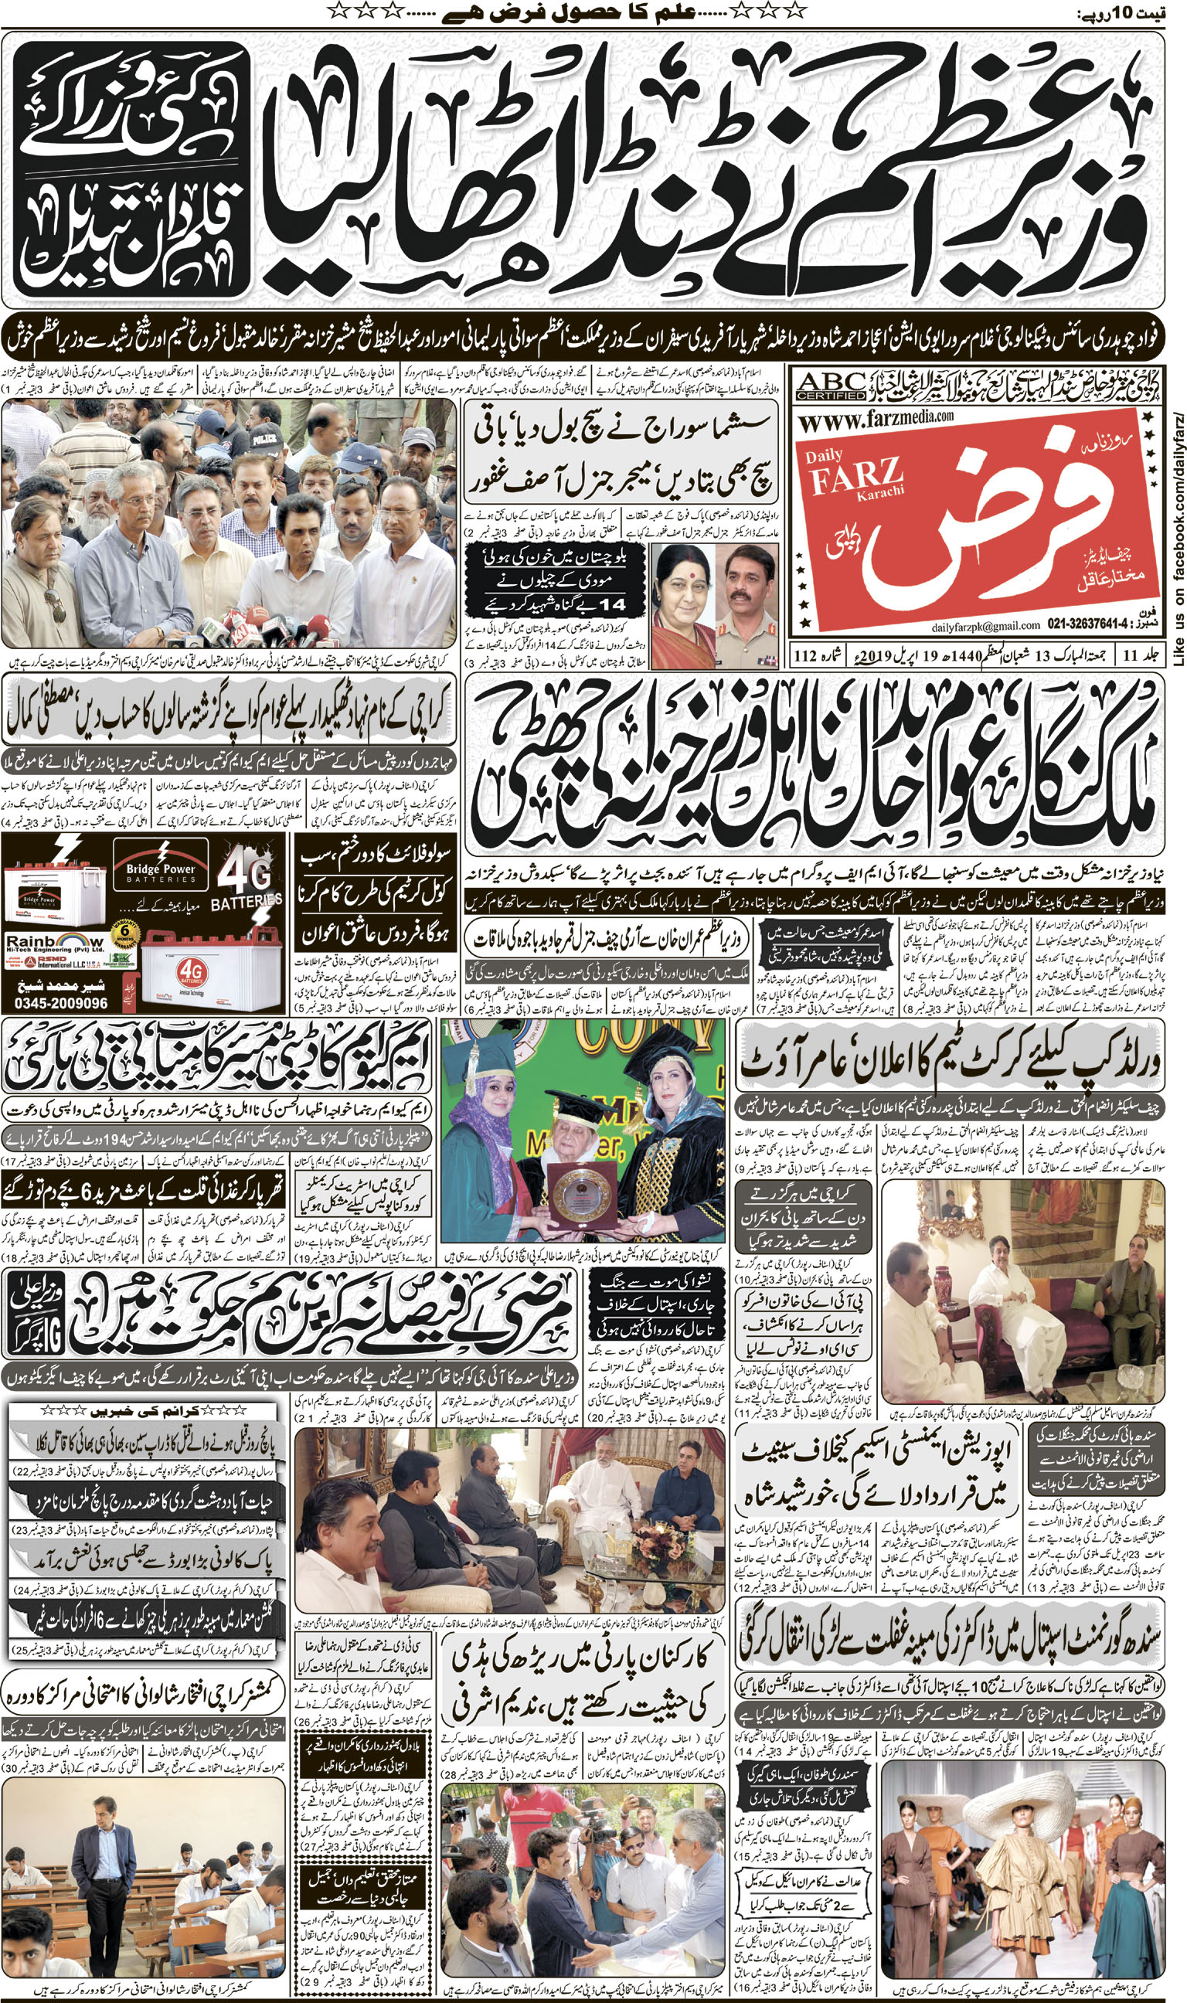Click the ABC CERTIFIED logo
(x=831, y=386)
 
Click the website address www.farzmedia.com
(x=876, y=418)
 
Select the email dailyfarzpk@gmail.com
(x=985, y=625)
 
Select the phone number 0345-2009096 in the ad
(x=61, y=1003)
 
